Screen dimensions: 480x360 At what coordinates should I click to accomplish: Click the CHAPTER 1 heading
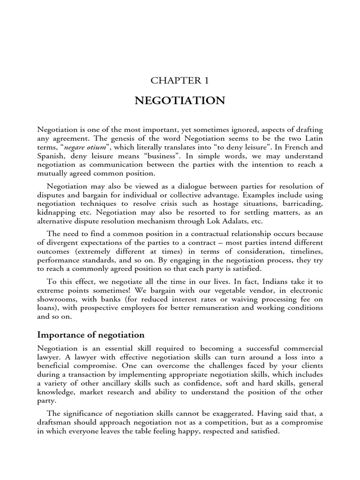coord(180,80)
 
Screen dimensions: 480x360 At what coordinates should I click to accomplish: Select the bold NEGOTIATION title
coord(180,101)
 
